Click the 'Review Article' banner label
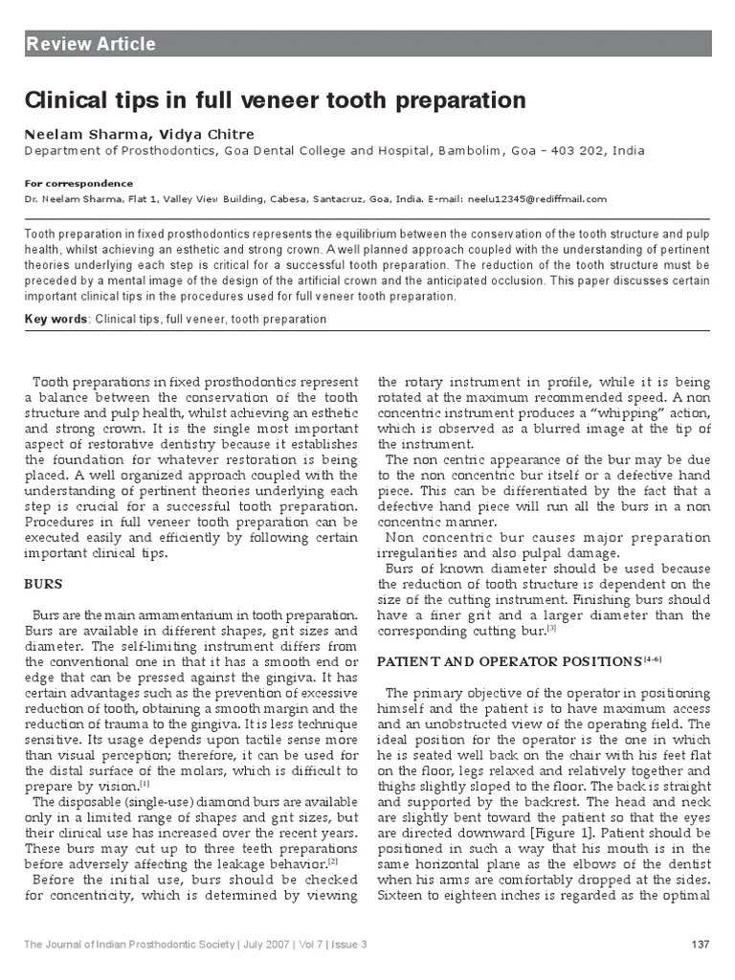(91, 44)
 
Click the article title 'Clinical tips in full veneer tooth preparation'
(275, 100)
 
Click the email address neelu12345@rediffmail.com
(536, 199)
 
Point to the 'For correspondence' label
(78, 183)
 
